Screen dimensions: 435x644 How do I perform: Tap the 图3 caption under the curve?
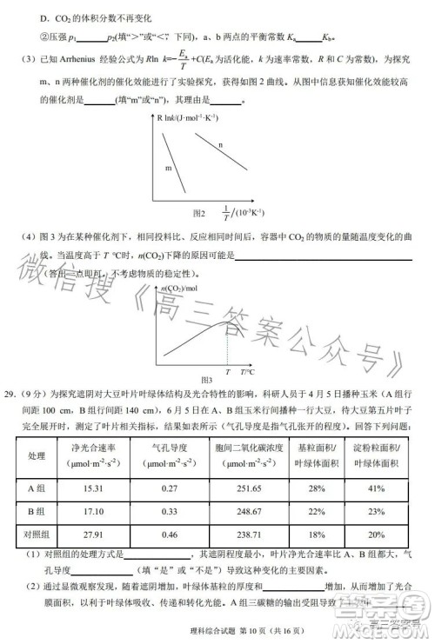pyautogui.click(x=206, y=380)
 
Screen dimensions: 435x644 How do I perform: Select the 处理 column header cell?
pyautogui.click(x=37, y=456)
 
